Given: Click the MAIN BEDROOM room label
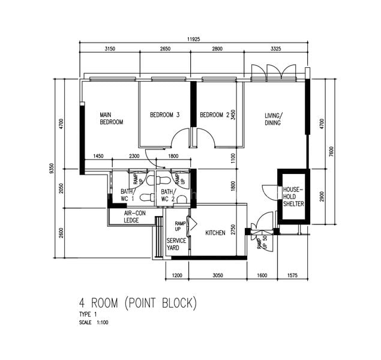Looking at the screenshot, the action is click(x=111, y=118).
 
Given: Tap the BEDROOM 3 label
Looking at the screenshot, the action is click(x=165, y=115).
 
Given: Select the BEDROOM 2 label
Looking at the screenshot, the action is click(x=215, y=115).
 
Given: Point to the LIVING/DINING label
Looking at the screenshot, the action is click(x=274, y=119).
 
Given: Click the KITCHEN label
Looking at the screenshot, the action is click(x=215, y=233).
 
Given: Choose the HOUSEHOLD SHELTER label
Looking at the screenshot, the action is click(x=293, y=197).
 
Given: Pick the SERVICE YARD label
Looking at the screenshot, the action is click(x=176, y=244).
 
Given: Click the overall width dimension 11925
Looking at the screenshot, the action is click(x=193, y=39).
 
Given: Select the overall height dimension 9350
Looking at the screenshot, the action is click(x=51, y=169).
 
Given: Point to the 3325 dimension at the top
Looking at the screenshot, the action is click(x=276, y=49).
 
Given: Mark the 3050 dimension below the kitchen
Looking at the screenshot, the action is click(x=218, y=275).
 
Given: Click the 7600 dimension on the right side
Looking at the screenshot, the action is click(x=331, y=152).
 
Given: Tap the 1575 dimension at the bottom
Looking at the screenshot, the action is click(x=292, y=275).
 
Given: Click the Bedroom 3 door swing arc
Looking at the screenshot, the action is click(x=180, y=137).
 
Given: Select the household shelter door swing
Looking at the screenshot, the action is click(x=270, y=193).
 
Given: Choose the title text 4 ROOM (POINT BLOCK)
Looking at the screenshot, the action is click(x=138, y=303).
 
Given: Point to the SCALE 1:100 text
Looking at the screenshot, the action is click(x=94, y=323).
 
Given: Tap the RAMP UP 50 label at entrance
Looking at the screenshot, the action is click(x=262, y=242).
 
